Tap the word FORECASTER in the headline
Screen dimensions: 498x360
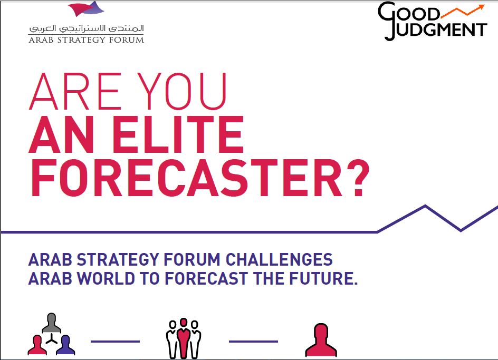pos(187,178)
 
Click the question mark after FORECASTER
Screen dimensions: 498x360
pos(358,178)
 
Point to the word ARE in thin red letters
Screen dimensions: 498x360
pos(75,91)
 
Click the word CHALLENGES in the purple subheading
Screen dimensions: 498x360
pos(279,259)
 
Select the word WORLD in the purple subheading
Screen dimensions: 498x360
pos(107,278)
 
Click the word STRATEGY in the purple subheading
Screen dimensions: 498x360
pos(118,259)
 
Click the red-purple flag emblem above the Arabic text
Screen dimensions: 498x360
pos(86,8)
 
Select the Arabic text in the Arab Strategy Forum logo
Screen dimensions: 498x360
pos(87,28)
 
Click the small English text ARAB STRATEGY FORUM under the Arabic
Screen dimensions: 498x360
pos(87,40)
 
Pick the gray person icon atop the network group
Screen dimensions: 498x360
pos(52,323)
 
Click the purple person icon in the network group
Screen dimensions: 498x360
pos(66,345)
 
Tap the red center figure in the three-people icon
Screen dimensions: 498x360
pos(184,338)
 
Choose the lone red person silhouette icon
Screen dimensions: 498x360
pos(321,340)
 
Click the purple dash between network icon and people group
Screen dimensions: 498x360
pos(116,342)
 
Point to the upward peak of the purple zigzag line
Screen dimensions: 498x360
pos(425,206)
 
